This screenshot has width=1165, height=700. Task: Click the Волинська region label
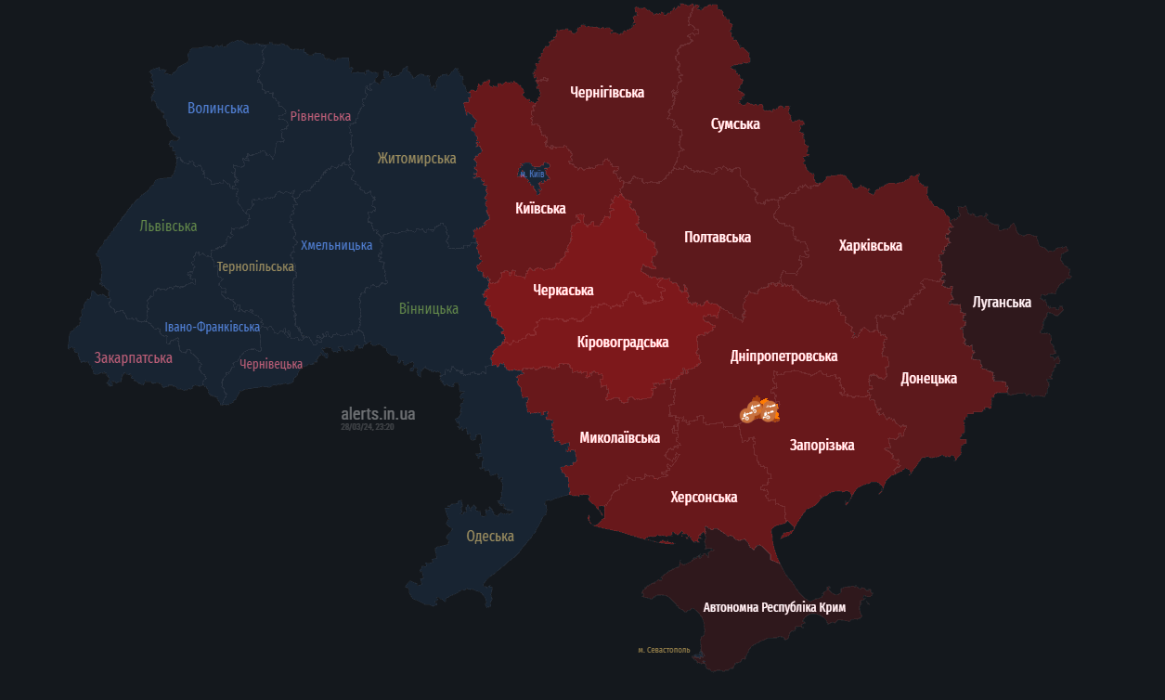point(218,108)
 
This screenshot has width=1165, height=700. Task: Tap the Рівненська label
point(320,116)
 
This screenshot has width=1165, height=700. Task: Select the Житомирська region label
point(416,158)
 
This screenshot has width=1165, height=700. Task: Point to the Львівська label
point(168,226)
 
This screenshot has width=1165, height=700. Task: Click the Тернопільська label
point(255,266)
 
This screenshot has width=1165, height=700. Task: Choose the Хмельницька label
point(336,245)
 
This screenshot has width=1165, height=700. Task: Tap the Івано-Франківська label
point(212,327)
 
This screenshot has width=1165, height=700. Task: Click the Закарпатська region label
point(133,357)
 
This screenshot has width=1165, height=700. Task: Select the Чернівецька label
point(271,364)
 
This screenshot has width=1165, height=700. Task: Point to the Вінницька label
point(428,308)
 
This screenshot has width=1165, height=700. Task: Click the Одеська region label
point(489,536)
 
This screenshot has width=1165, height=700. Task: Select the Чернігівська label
point(606,92)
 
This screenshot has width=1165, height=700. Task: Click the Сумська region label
point(735,123)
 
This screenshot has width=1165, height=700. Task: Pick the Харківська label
point(870,245)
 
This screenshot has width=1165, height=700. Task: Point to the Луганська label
point(1002,302)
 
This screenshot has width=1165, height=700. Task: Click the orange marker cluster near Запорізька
point(759,409)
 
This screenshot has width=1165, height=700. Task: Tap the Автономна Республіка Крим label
point(774,607)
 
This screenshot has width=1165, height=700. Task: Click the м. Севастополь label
point(664,650)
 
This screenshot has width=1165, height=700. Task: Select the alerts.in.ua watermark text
point(378,413)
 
